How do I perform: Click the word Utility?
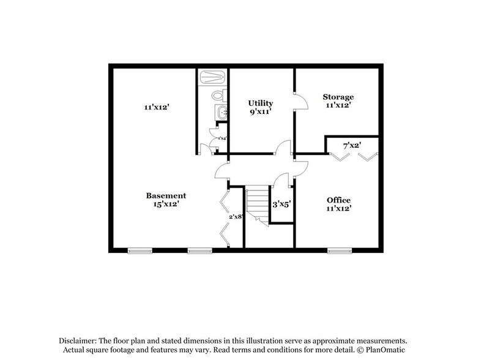tap(260, 103)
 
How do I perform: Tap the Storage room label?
tap(338, 97)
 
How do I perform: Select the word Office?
tap(338, 200)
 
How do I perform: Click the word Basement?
tap(165, 195)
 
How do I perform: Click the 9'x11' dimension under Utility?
tap(260, 111)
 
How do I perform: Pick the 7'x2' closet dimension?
tap(352, 146)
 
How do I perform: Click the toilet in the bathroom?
tap(217, 96)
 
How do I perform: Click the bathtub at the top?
tap(212, 78)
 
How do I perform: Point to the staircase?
tap(257, 205)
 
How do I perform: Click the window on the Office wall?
tap(340, 249)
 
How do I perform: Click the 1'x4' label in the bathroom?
tap(222, 139)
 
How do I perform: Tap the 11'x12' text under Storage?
tap(338, 106)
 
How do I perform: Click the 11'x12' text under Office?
tap(338, 209)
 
